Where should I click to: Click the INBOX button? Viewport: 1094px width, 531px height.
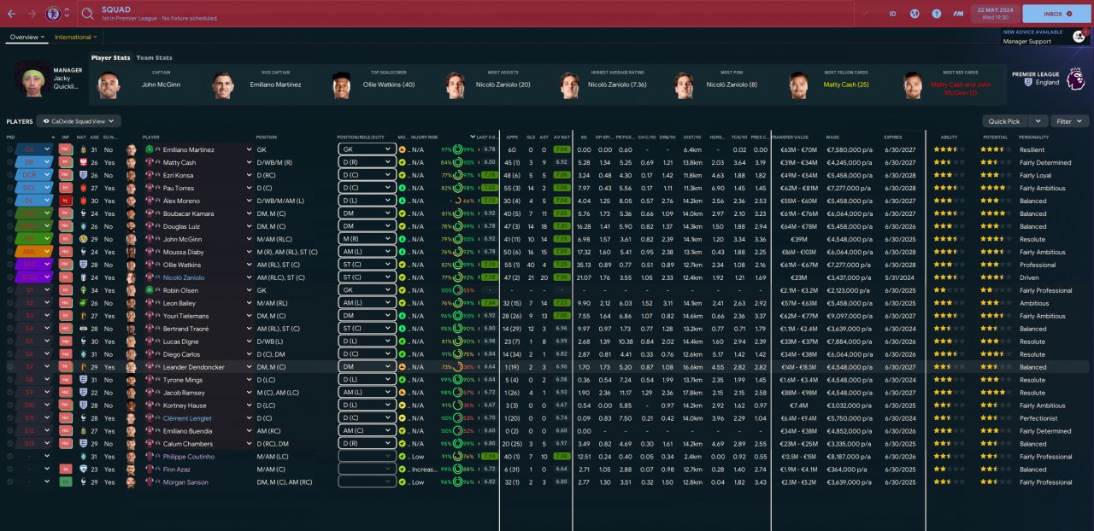(1056, 14)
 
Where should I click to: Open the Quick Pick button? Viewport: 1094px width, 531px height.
(1005, 121)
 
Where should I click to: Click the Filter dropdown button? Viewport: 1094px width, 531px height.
(1069, 121)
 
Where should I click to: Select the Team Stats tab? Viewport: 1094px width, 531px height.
(154, 58)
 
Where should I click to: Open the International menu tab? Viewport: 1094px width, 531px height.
(75, 37)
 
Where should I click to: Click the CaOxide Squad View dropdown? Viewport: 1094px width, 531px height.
(79, 121)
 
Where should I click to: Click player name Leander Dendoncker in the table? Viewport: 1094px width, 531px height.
(193, 367)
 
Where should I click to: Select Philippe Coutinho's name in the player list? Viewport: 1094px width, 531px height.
(188, 457)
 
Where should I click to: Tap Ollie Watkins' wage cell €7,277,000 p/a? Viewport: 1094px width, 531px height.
(850, 265)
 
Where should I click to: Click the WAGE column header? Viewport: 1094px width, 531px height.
(832, 137)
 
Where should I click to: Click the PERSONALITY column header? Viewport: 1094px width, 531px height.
(1033, 137)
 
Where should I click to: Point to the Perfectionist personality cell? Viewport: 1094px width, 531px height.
(1038, 418)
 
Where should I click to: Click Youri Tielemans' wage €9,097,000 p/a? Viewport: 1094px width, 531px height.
(850, 316)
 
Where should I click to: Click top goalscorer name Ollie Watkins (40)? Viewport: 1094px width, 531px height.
(388, 85)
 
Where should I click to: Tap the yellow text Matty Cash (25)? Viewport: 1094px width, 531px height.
(845, 85)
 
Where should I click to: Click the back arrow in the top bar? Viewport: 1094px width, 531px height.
(11, 14)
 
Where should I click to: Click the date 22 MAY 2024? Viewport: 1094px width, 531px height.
(995, 9)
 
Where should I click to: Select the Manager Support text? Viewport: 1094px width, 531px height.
(1027, 41)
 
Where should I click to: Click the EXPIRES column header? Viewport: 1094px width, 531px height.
(893, 137)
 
